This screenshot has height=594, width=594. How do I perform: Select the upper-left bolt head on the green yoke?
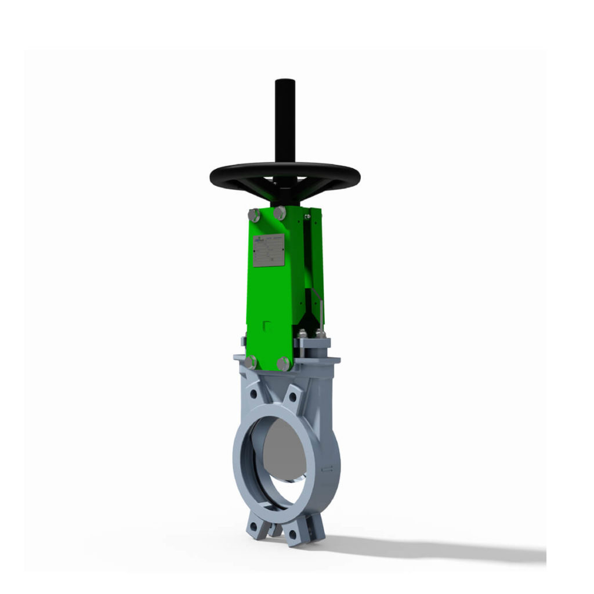[254, 215]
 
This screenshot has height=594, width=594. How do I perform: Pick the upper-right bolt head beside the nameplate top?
[280, 212]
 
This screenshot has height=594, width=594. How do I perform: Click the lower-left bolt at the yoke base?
[251, 363]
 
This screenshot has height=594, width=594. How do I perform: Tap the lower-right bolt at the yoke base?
[283, 364]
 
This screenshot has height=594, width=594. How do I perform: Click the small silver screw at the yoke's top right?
[307, 216]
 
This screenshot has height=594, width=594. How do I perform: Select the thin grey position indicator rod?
[318, 314]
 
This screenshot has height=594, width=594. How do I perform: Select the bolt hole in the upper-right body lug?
[292, 397]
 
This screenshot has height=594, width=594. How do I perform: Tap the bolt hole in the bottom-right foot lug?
[292, 535]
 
